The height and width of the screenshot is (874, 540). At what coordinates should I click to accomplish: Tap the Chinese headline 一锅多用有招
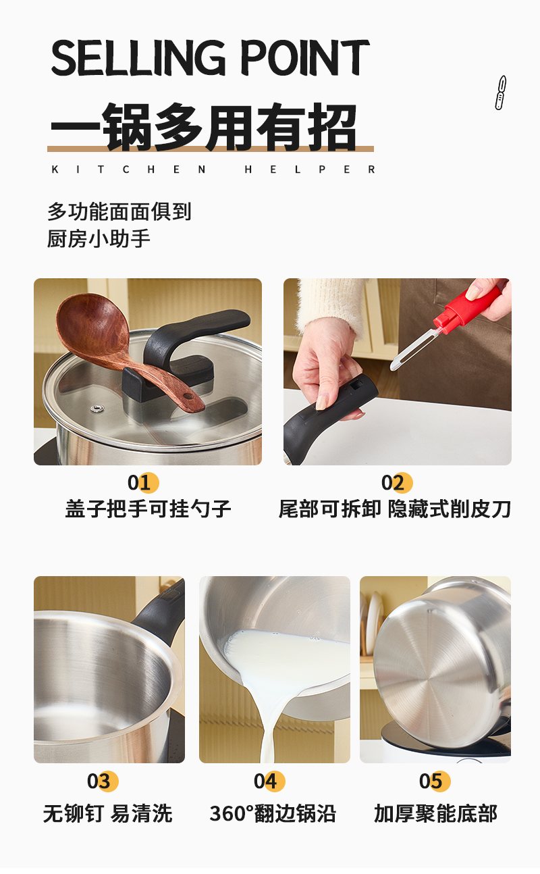(x=204, y=127)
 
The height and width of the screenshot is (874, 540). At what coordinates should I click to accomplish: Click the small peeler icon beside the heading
(x=500, y=93)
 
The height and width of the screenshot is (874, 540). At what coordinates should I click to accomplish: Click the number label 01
(x=143, y=483)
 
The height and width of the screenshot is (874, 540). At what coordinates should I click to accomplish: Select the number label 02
(x=396, y=483)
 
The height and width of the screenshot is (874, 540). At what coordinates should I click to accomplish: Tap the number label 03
(x=103, y=781)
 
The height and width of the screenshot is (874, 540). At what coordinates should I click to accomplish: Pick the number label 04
(x=269, y=781)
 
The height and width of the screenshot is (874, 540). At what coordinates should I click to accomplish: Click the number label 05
(x=435, y=781)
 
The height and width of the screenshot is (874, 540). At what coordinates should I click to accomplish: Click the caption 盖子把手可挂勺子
(x=148, y=508)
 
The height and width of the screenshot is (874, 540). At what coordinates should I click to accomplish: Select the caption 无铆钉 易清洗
(x=108, y=813)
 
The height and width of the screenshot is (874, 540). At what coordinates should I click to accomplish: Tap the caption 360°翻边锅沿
(x=272, y=813)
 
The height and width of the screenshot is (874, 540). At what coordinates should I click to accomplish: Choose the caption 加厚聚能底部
(x=435, y=813)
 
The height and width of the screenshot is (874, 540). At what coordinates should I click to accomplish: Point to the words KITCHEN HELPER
(x=213, y=170)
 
